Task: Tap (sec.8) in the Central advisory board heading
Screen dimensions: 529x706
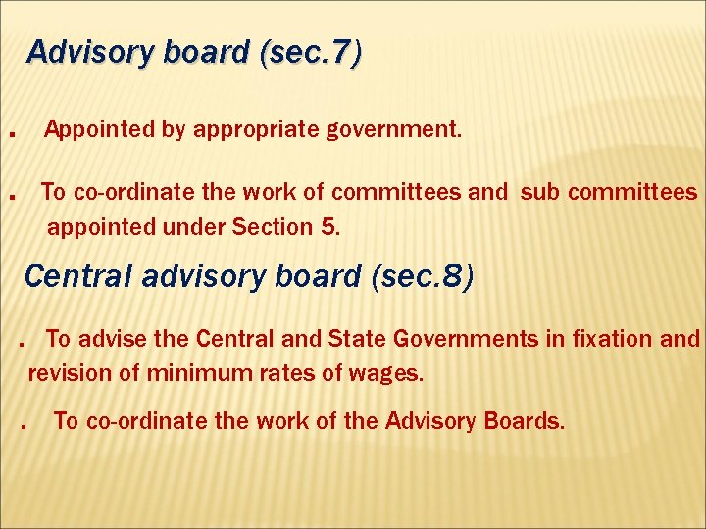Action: pos(423,277)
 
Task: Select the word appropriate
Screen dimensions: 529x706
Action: pos(252,129)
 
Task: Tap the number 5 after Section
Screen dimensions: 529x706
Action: pos(328,227)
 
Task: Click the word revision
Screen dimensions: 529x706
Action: pos(64,373)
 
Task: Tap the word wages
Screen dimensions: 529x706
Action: pos(390,373)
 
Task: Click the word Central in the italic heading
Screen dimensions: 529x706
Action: pos(77,277)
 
